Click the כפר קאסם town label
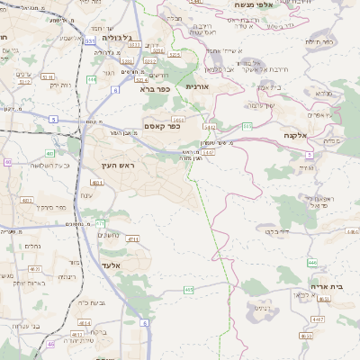pos(163,126)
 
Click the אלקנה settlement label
pos(297,135)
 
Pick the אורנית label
pos(197,86)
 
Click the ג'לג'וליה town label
pos(118,38)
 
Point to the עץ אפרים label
pos(320,114)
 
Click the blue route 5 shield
pos(53,119)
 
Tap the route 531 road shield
pos(90,40)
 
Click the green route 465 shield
pos(188,290)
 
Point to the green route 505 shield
pos(247,127)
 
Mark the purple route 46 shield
pos(50,344)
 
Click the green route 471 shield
pos(100,223)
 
